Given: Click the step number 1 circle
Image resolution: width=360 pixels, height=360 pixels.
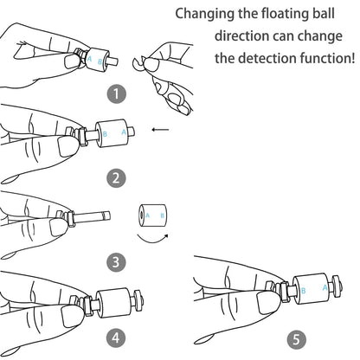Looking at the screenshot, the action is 117,93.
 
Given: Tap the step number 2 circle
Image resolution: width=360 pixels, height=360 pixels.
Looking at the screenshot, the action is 116,178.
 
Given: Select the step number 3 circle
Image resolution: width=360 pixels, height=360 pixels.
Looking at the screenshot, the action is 116,262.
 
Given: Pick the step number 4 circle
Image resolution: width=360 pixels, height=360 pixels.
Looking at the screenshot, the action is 116,337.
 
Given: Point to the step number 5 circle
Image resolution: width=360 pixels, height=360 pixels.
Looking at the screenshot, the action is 297,339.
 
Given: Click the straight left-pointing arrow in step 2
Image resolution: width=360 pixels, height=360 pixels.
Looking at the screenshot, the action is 160,130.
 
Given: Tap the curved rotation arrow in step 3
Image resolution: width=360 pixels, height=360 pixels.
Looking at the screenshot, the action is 152,239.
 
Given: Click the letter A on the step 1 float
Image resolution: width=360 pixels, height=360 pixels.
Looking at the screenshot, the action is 89,59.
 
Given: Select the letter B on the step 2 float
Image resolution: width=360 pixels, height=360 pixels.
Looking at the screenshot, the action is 105,134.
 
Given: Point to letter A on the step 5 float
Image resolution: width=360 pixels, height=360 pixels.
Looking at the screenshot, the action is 325,287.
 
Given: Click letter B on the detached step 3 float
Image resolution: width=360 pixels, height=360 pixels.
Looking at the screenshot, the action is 162,215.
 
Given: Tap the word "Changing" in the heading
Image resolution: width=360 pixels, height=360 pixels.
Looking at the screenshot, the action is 205,14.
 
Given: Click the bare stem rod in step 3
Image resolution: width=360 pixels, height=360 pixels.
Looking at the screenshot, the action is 92,216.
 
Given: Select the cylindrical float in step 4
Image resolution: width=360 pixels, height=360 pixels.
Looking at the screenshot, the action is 112,303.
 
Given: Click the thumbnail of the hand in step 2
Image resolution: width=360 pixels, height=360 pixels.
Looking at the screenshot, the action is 68,147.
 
